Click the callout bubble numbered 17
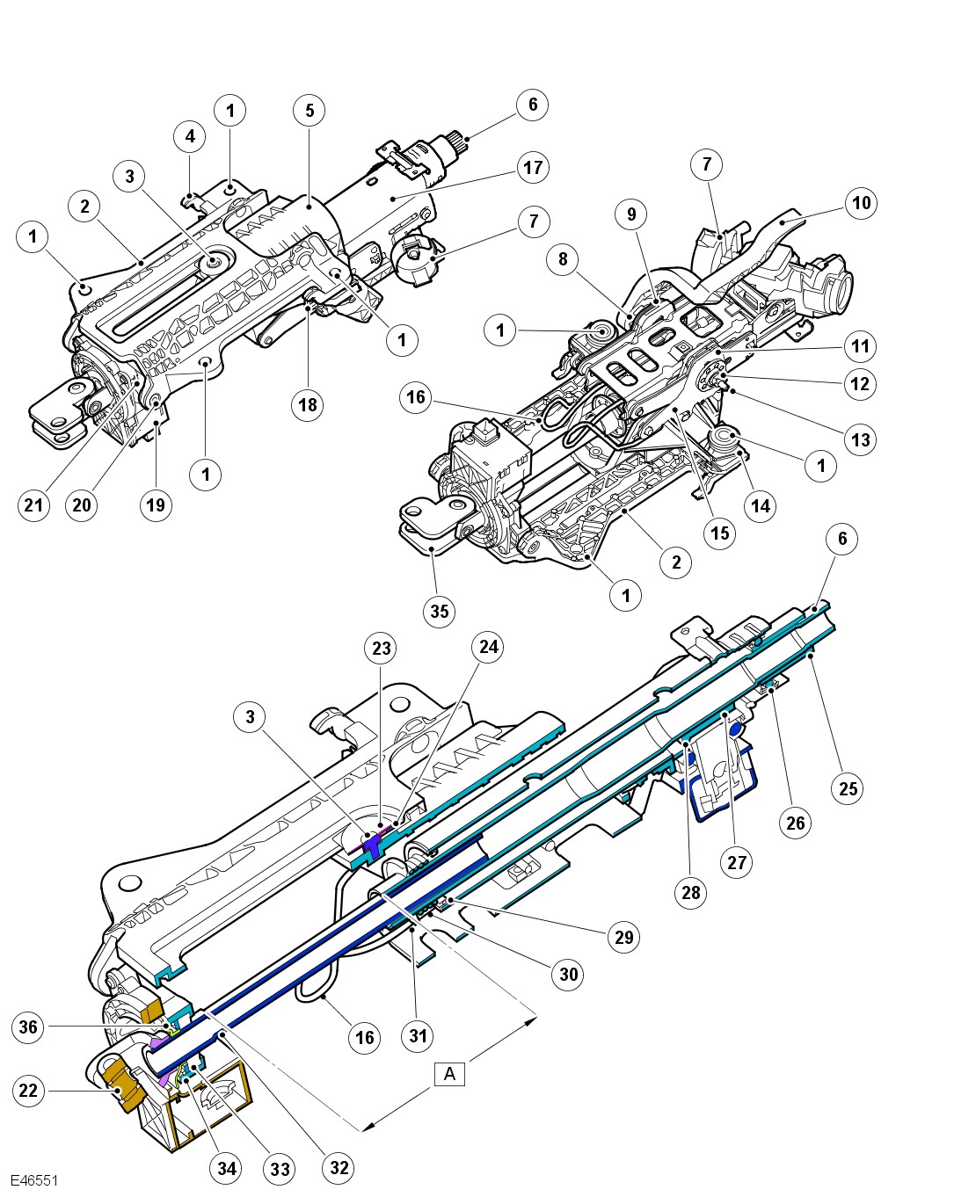click(x=534, y=167)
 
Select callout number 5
click(x=310, y=110)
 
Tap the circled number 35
click(x=440, y=610)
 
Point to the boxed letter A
click(x=450, y=1074)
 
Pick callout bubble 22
click(x=29, y=1091)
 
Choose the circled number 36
click(x=29, y=1027)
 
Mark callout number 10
click(x=862, y=203)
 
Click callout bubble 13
click(x=861, y=439)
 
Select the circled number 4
click(x=189, y=136)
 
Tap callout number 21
click(x=33, y=504)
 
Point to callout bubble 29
click(x=623, y=937)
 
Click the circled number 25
click(x=848, y=787)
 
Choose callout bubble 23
click(x=381, y=649)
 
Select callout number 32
click(x=339, y=1167)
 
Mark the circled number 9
click(x=630, y=214)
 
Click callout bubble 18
click(x=308, y=404)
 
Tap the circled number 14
click(x=761, y=505)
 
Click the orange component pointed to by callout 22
click(x=123, y=1083)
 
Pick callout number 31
click(x=419, y=1035)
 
